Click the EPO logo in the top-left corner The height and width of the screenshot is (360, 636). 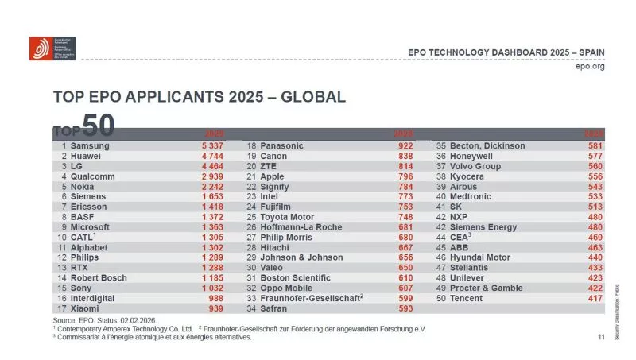click(41, 48)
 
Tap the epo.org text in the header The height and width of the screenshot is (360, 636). click(589, 67)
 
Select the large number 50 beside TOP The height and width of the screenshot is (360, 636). click(98, 126)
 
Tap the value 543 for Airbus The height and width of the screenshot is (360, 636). click(593, 187)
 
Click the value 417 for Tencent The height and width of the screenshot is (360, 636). click(593, 297)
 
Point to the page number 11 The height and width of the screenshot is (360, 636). click(600, 337)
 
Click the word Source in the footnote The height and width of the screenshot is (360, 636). click(65, 319)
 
